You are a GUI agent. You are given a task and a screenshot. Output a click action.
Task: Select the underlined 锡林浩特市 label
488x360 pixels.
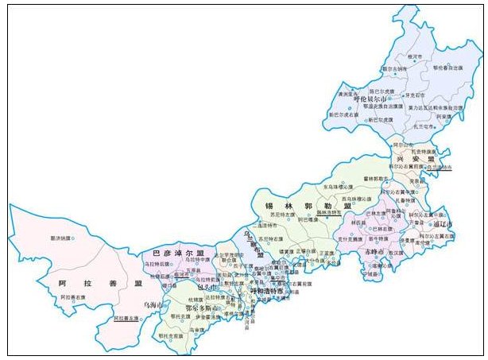(328, 213)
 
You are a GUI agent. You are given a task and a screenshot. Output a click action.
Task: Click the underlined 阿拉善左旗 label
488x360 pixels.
(126, 317)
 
